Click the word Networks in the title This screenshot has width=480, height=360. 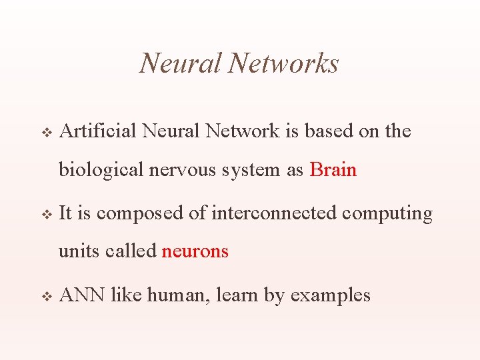pos(283,64)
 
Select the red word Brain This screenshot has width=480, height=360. pos(333,170)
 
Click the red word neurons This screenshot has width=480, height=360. pos(195,251)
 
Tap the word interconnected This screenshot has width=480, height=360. pos(274,213)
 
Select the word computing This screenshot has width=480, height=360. pos(387,213)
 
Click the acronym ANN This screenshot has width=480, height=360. pos(82,295)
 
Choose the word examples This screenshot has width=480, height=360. pos(330,295)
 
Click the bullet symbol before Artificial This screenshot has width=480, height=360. pos(47,133)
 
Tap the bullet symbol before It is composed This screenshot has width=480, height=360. pos(47,215)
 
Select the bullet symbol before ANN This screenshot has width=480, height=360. pos(47,296)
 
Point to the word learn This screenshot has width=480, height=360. pos(237,295)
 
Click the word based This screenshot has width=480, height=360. pos(329,131)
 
